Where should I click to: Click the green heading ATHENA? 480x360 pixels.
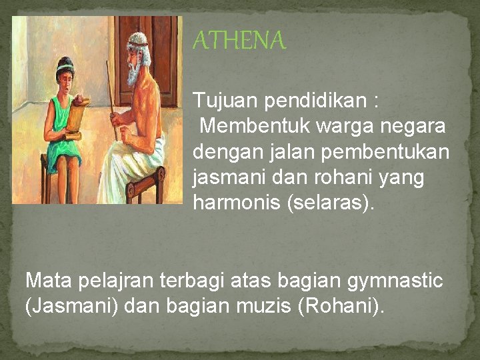click(x=239, y=42)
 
